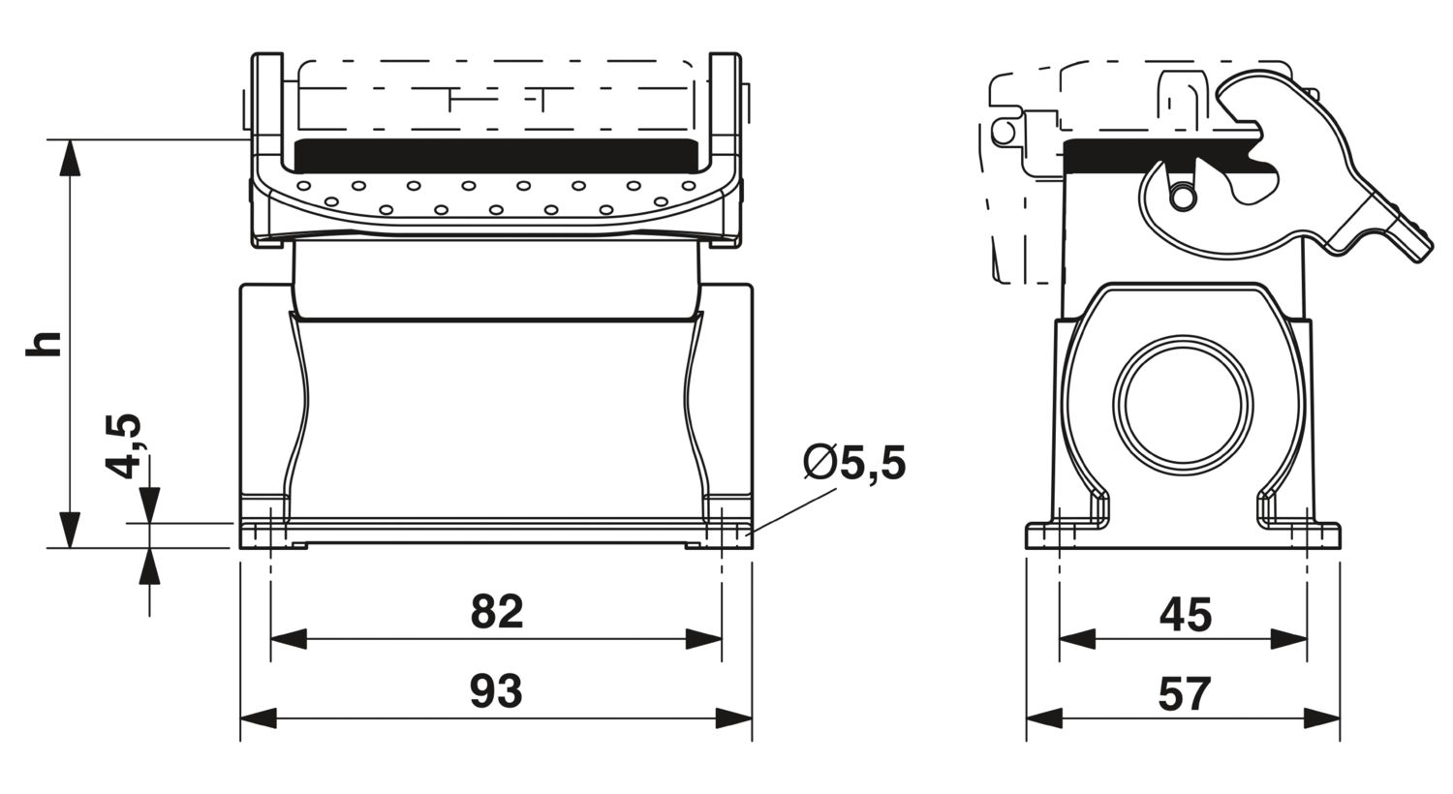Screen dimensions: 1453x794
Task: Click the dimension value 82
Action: point(497,611)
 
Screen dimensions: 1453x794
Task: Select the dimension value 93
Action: point(496,691)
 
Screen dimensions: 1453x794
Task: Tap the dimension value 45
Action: point(1185,615)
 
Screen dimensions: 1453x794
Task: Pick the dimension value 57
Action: point(1185,694)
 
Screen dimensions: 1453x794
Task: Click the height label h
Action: point(44,344)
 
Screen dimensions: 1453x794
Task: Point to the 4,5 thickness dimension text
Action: point(123,444)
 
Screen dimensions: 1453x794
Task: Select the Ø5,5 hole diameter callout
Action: point(854,463)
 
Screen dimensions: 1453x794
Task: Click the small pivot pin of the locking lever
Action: point(1183,197)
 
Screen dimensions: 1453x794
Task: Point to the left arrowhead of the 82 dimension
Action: point(289,639)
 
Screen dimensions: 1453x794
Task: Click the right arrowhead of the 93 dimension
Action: point(734,718)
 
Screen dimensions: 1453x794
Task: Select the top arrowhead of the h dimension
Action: point(70,158)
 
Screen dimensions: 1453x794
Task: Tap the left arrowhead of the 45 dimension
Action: point(1077,639)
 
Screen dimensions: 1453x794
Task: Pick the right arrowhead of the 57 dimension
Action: point(1322,718)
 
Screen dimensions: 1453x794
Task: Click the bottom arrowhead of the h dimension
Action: point(70,530)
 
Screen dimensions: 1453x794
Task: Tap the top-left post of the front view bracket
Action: point(267,104)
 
